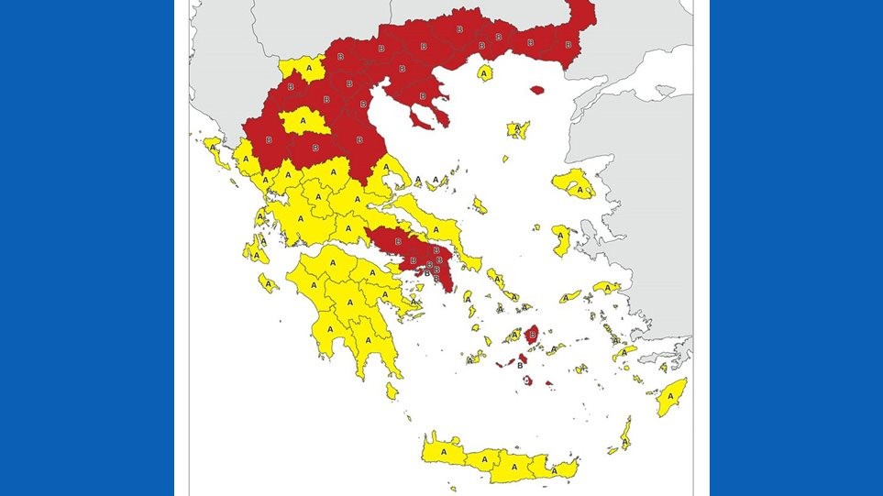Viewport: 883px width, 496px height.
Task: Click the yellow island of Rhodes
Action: (672, 396)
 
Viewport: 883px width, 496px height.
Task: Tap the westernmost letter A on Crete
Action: (443, 451)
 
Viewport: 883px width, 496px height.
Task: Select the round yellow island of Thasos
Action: (485, 72)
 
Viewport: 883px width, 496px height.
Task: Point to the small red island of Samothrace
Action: (536, 90)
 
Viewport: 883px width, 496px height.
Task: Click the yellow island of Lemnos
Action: (518, 129)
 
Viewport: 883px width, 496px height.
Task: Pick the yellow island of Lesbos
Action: (576, 183)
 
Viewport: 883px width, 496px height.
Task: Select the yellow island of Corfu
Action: (215, 149)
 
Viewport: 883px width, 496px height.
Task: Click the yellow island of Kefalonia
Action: (255, 248)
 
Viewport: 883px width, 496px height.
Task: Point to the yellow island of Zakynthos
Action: (268, 282)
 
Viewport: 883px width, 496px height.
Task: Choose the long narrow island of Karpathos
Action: (625, 433)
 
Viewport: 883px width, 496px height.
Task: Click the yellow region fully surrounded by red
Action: (304, 121)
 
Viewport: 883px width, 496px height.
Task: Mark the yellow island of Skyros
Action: (480, 204)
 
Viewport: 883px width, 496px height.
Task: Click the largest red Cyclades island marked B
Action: (533, 335)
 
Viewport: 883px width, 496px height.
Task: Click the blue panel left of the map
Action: (87, 248)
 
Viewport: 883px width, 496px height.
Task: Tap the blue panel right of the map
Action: (796, 248)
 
